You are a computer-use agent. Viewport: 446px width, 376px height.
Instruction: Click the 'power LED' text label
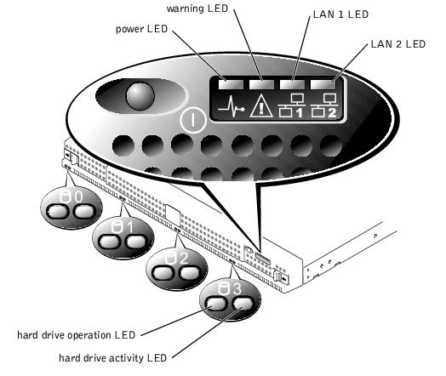click(x=141, y=29)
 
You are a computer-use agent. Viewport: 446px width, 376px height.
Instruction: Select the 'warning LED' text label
click(x=197, y=9)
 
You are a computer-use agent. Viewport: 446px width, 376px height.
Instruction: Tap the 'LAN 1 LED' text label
click(x=340, y=14)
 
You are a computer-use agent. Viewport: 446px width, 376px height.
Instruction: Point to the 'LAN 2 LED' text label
click(x=398, y=44)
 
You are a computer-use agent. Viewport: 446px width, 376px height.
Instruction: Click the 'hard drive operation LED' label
click(x=77, y=335)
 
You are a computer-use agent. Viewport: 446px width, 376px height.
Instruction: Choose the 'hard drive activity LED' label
click(x=112, y=358)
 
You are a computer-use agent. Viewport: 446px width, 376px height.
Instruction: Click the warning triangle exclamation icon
click(x=261, y=106)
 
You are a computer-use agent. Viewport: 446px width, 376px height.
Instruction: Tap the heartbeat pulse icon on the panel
click(x=231, y=107)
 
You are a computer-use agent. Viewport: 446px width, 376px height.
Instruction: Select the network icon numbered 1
click(x=290, y=105)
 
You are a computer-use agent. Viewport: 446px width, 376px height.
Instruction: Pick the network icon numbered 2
click(x=323, y=105)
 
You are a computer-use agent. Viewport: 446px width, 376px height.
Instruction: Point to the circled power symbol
click(x=193, y=120)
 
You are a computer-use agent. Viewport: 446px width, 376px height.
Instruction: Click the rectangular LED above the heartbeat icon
click(x=231, y=84)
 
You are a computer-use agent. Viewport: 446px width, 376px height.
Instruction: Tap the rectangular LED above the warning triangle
click(x=261, y=84)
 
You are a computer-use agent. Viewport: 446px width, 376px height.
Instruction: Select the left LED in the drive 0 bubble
click(x=57, y=212)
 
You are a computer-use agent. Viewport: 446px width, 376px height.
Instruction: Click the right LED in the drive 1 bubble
click(x=136, y=242)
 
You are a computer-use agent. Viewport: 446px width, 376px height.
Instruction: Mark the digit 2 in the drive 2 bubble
click(x=184, y=258)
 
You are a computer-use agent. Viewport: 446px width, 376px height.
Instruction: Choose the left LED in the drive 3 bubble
click(x=216, y=304)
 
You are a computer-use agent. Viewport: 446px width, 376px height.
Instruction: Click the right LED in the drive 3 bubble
click(x=243, y=304)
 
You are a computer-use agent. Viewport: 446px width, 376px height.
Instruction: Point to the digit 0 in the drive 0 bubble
click(x=78, y=197)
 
